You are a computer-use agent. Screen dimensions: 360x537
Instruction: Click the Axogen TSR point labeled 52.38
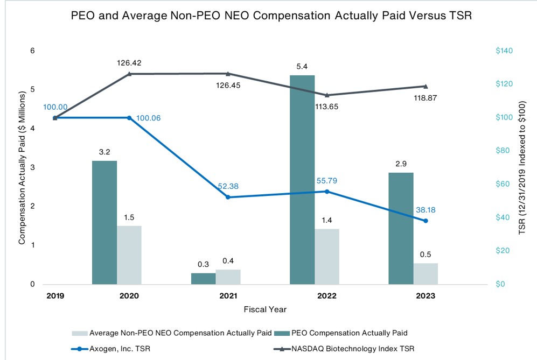(x=228, y=197)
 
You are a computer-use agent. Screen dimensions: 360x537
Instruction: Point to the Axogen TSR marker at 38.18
(x=426, y=221)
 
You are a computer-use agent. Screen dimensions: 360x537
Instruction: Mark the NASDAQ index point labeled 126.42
(x=129, y=74)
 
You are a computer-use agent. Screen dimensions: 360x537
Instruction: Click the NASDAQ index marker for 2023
(x=426, y=86)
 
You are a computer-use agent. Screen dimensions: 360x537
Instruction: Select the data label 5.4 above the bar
(x=302, y=67)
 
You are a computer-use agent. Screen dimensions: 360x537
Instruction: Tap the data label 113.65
(x=327, y=107)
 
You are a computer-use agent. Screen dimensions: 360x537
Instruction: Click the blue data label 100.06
(x=150, y=118)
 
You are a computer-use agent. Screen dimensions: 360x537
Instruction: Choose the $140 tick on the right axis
(x=505, y=51)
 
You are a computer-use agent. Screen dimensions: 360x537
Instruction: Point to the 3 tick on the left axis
(x=32, y=167)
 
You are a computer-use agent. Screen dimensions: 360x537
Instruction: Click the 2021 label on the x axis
(x=228, y=296)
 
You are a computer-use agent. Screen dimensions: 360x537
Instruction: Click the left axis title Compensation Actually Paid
(x=22, y=167)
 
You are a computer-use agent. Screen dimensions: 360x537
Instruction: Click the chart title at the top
(x=271, y=16)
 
